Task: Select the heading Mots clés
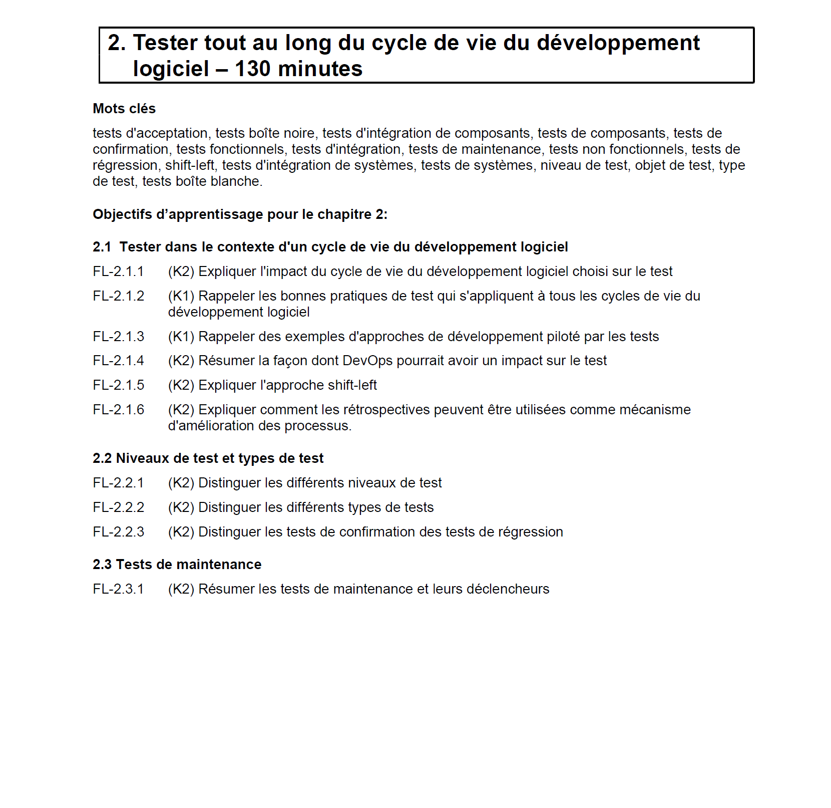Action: [x=124, y=109]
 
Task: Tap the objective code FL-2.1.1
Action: [x=118, y=272]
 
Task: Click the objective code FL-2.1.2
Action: [x=118, y=296]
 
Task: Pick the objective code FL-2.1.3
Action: [x=118, y=337]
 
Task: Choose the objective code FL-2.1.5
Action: [x=118, y=385]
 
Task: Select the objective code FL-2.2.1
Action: [x=118, y=483]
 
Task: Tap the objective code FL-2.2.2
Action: [x=118, y=507]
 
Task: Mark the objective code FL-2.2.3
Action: [x=118, y=532]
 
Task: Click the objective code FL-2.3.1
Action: [x=118, y=589]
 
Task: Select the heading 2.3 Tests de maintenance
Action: [x=177, y=565]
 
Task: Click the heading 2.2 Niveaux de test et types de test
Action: [x=208, y=458]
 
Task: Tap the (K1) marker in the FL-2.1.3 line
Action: [x=181, y=337]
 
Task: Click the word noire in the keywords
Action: [x=299, y=133]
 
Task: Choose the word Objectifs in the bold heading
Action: [x=122, y=214]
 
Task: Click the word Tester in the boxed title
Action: [x=166, y=43]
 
